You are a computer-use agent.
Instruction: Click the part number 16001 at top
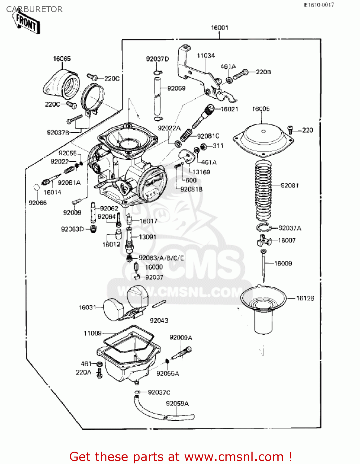220,28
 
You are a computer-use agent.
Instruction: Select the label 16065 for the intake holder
62,59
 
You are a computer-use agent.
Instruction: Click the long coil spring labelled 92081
263,189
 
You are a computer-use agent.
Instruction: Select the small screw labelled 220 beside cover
290,128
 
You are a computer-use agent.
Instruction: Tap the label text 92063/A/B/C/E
161,258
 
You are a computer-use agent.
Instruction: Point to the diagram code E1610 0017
319,5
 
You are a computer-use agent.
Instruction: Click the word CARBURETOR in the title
34,9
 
